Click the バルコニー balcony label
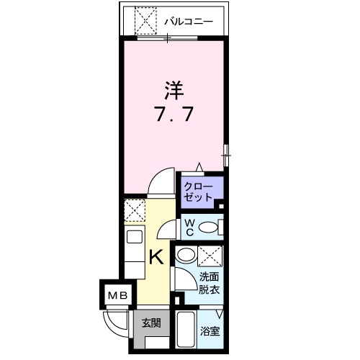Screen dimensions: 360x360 click(189, 22)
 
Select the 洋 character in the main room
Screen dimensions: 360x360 click(173, 91)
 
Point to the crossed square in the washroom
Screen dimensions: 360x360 click(211, 256)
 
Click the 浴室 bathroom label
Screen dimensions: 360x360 click(210, 332)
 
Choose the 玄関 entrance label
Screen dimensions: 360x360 click(150, 323)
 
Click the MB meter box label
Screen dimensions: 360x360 click(115, 295)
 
